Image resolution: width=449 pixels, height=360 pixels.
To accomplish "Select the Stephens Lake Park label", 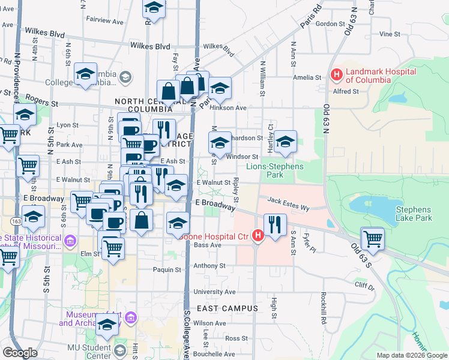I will tap(414, 214).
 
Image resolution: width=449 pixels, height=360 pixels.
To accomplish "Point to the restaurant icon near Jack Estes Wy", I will tap(275, 225).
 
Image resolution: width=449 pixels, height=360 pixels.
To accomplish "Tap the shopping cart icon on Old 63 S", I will tap(373, 238).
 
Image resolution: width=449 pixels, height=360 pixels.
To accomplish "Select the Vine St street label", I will tap(390, 35).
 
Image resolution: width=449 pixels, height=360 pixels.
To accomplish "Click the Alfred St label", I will tap(346, 92).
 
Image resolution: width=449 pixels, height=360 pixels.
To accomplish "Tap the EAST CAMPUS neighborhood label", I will tap(227, 308).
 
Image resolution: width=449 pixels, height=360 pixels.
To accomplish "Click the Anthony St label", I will tap(209, 265).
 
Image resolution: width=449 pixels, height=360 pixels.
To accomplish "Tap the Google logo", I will tap(20, 353).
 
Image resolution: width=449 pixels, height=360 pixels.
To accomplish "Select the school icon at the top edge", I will tap(154, 8).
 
